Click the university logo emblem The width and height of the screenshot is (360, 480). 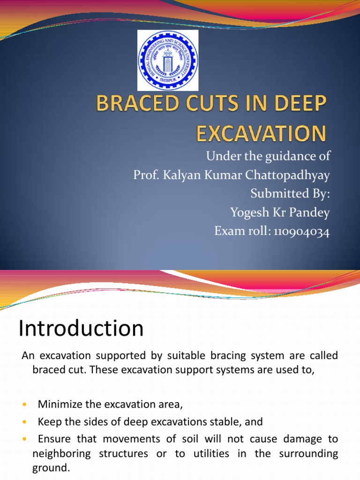[x=168, y=60]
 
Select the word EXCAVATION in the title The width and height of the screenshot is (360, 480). [x=261, y=134]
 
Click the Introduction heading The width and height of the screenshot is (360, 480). [x=81, y=328]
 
